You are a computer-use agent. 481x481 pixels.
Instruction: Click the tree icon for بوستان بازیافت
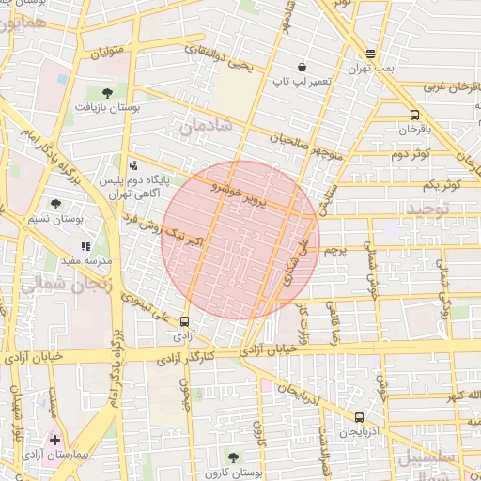point(107,92)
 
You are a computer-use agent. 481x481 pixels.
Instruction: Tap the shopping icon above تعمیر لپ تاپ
point(302,67)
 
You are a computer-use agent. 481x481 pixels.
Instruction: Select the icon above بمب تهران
point(371,54)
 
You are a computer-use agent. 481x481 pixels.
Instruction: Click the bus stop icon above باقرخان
point(414,115)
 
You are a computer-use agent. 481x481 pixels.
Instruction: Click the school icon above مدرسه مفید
point(85,246)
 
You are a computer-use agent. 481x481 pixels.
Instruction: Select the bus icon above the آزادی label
point(184,320)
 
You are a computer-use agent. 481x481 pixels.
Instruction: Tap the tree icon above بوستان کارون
point(233,457)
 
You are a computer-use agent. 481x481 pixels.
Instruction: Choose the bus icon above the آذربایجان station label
point(359,417)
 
